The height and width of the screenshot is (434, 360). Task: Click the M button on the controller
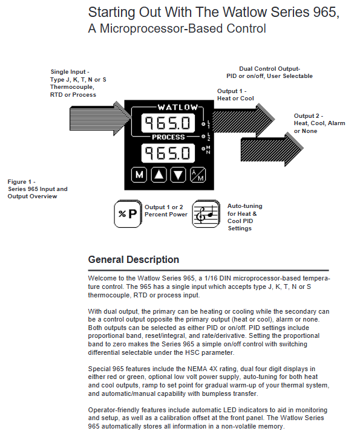[x=139, y=175]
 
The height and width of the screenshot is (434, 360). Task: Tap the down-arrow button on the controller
[x=178, y=175]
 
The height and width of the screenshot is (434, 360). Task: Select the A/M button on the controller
[x=198, y=175]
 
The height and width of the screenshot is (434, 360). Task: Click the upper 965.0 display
[x=168, y=123]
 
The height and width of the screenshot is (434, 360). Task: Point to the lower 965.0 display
[x=168, y=153]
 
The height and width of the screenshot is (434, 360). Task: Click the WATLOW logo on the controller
[x=178, y=107]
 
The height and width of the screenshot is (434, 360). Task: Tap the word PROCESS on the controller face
[x=168, y=137]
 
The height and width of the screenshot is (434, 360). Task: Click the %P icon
[x=128, y=214]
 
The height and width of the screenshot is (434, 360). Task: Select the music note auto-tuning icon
[x=206, y=214]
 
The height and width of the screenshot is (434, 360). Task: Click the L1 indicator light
[x=203, y=124]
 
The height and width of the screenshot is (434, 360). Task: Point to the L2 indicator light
[x=203, y=137]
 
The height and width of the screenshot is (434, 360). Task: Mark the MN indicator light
[x=203, y=149]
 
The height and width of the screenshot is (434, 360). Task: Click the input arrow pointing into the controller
[x=100, y=118]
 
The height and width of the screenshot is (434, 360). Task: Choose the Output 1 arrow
[x=244, y=120]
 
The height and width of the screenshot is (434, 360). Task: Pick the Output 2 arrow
[x=272, y=149]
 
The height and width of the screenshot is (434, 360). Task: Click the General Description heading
[x=134, y=260]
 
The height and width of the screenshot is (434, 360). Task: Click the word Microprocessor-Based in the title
[x=182, y=28]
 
